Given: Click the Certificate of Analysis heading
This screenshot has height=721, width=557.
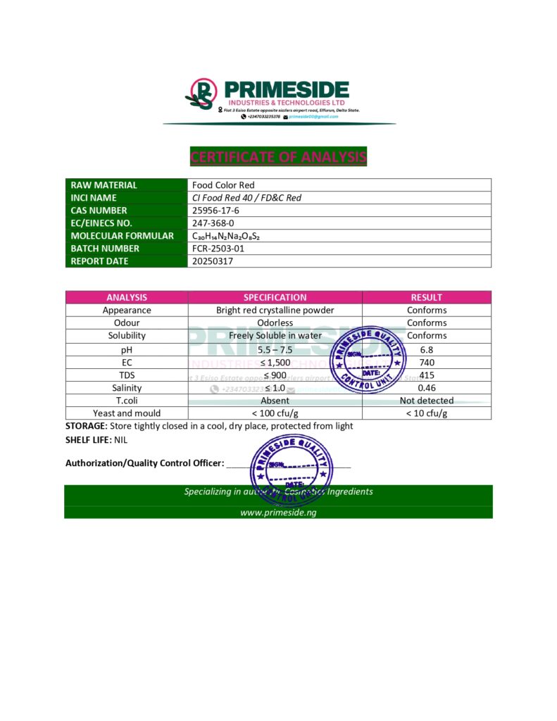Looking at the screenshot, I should pos(278,156).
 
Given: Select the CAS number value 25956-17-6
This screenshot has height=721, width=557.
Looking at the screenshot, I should pos(216,211).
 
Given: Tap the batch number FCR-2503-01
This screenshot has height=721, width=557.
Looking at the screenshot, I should pos(219,249).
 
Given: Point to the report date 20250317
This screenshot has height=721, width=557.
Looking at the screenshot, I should pos(212,261).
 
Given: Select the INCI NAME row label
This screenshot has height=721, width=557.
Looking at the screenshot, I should pos(94,198).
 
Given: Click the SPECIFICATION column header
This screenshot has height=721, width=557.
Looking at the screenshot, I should pos(275,297).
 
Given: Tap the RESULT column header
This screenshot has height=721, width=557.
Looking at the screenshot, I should pos(427,297).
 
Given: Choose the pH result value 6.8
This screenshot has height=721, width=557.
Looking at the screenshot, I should pos(427,349).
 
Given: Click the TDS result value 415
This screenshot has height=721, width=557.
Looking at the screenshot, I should pos(427,375).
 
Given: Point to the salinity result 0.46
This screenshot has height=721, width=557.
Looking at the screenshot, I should pos(427,388).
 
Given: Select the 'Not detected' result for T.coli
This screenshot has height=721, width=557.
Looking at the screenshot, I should pos(427,401).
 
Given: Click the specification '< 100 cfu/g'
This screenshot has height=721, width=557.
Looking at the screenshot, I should pos(275,413).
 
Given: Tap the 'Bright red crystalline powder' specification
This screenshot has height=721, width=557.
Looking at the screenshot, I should pos(275,310).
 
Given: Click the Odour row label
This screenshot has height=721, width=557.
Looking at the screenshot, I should pos(127,322).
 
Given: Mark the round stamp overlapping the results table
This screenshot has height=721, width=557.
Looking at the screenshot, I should pos(368,360).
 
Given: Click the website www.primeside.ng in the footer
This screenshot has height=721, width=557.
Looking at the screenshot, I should pos(278,513).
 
